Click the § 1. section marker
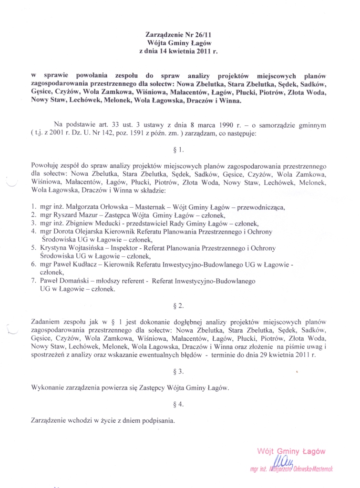point(180,150)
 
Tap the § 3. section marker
point(180,370)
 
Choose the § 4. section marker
point(180,404)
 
